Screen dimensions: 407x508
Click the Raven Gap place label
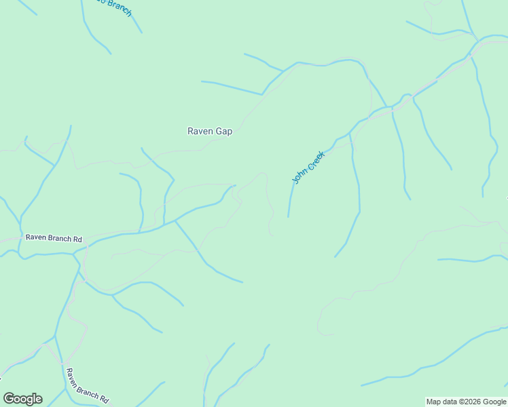(x=210, y=132)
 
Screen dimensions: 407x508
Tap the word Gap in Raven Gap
(x=224, y=132)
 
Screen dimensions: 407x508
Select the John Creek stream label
(x=308, y=168)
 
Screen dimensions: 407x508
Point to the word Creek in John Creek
(x=314, y=161)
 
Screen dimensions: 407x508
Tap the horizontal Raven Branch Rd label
(x=54, y=238)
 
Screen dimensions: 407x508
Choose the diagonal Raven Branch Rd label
(x=87, y=386)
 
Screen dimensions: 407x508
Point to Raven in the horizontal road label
(x=36, y=238)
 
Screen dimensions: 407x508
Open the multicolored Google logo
(x=22, y=399)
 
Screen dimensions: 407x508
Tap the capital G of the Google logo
(x=9, y=399)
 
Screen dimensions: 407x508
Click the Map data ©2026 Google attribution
(x=466, y=402)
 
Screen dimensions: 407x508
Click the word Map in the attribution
(x=433, y=402)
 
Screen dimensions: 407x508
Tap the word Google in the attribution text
(x=494, y=402)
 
